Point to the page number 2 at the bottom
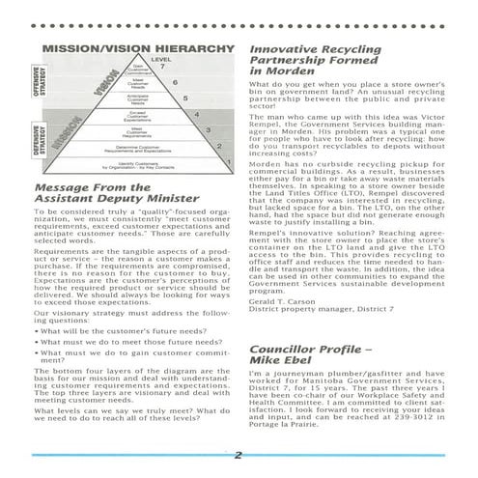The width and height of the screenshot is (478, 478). pyautogui.click(x=239, y=456)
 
